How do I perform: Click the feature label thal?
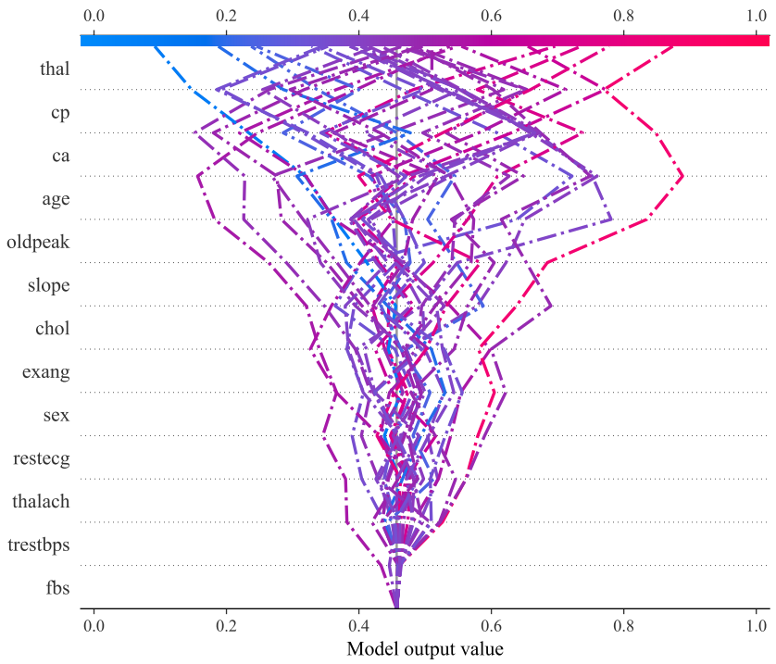tap(55, 69)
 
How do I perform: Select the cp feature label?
tap(60, 112)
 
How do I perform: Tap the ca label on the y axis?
tap(60, 156)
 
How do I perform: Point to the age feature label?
tap(56, 199)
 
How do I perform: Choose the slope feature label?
tap(49, 285)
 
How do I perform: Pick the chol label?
tap(53, 329)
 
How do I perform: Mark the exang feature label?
tap(46, 372)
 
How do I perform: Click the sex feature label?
tap(56, 415)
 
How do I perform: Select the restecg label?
tap(43, 458)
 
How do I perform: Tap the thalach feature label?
tap(41, 502)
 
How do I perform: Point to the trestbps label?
tap(38, 545)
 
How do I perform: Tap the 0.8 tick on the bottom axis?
tap(624, 625)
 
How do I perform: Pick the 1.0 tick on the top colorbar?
tap(757, 16)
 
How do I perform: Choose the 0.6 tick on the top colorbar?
tap(492, 16)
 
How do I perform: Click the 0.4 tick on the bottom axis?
tap(358, 625)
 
